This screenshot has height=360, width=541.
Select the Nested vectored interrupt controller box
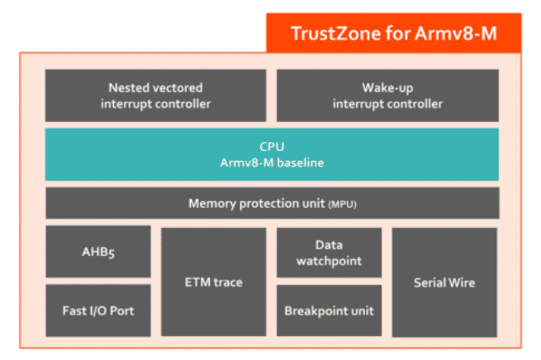pos(155,96)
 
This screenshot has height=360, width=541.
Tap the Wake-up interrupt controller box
pos(387,96)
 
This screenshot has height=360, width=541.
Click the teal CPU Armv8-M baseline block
pos(272,154)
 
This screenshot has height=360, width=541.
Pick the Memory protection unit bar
pos(272,203)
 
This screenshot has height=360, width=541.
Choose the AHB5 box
pos(98,252)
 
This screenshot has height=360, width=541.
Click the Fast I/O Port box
pos(98,310)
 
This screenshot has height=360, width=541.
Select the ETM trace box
pos(213,282)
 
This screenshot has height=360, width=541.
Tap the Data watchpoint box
pos(329,253)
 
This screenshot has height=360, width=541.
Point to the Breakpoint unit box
pos(329,310)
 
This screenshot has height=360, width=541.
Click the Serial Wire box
pos(444,282)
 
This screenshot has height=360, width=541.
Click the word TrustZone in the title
pos(328,33)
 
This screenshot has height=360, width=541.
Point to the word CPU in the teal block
pos(272,147)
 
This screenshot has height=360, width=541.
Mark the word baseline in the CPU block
pos(300,163)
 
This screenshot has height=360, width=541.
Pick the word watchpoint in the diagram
pos(329,261)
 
